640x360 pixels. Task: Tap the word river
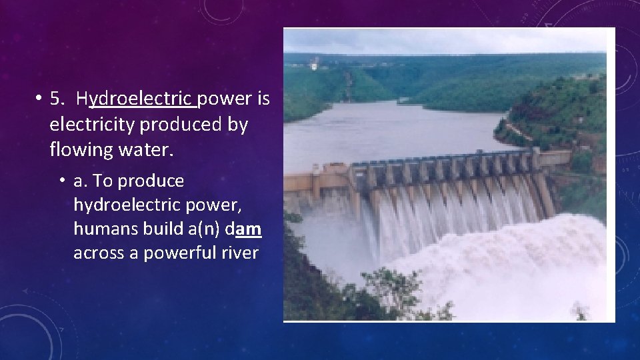(241, 253)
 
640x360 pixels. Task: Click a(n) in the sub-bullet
(199, 229)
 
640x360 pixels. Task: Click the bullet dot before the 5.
(41, 99)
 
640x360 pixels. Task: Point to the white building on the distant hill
(313, 66)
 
